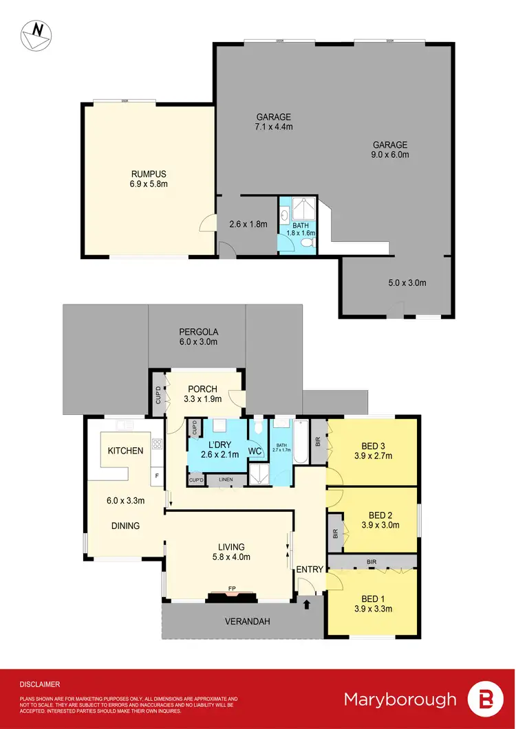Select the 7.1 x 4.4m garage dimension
tap(274, 126)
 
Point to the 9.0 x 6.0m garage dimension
tap(390, 155)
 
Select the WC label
tap(254, 451)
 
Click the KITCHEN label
tap(125, 451)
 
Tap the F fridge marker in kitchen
tap(156, 475)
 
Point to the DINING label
tap(126, 526)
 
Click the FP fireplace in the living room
tap(231, 589)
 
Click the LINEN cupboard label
tap(226, 479)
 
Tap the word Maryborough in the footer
tap(400, 699)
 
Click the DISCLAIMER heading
tap(39, 684)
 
